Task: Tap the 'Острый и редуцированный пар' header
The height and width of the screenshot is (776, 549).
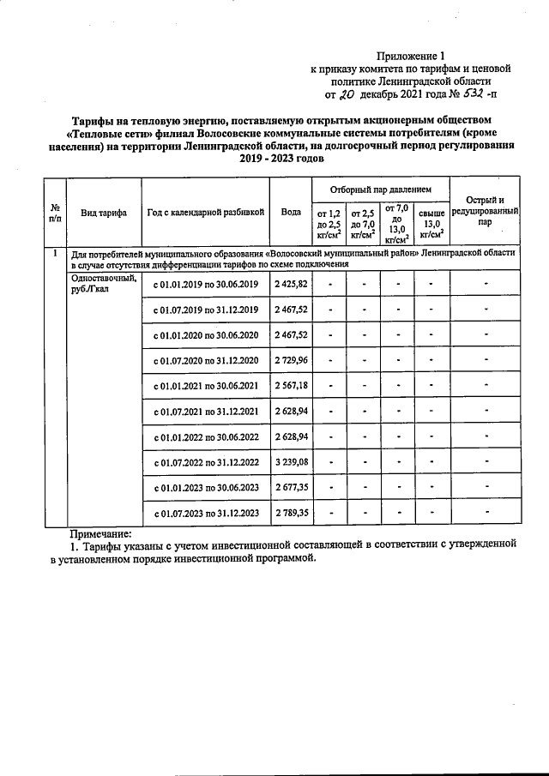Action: [x=485, y=211]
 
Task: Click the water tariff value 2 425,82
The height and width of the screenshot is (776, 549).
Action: [x=291, y=283]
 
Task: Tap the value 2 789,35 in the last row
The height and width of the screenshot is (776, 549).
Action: [x=291, y=513]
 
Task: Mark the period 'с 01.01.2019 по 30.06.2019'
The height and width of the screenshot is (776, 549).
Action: [x=205, y=284]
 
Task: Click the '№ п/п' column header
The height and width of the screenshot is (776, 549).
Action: [x=55, y=213]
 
